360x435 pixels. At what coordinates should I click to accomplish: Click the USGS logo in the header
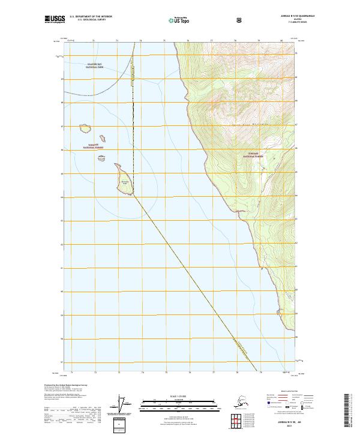pos(55,20)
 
